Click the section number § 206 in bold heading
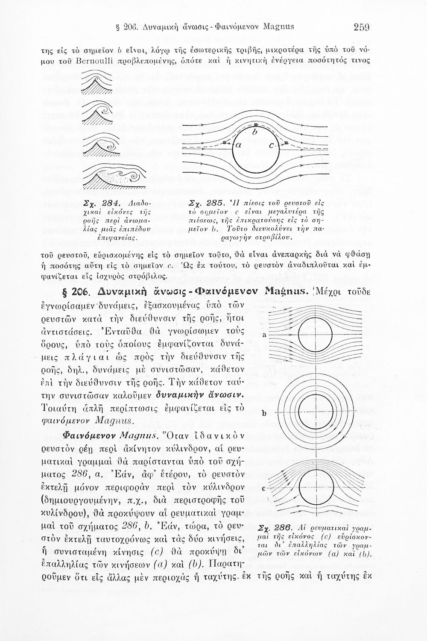click(76, 293)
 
